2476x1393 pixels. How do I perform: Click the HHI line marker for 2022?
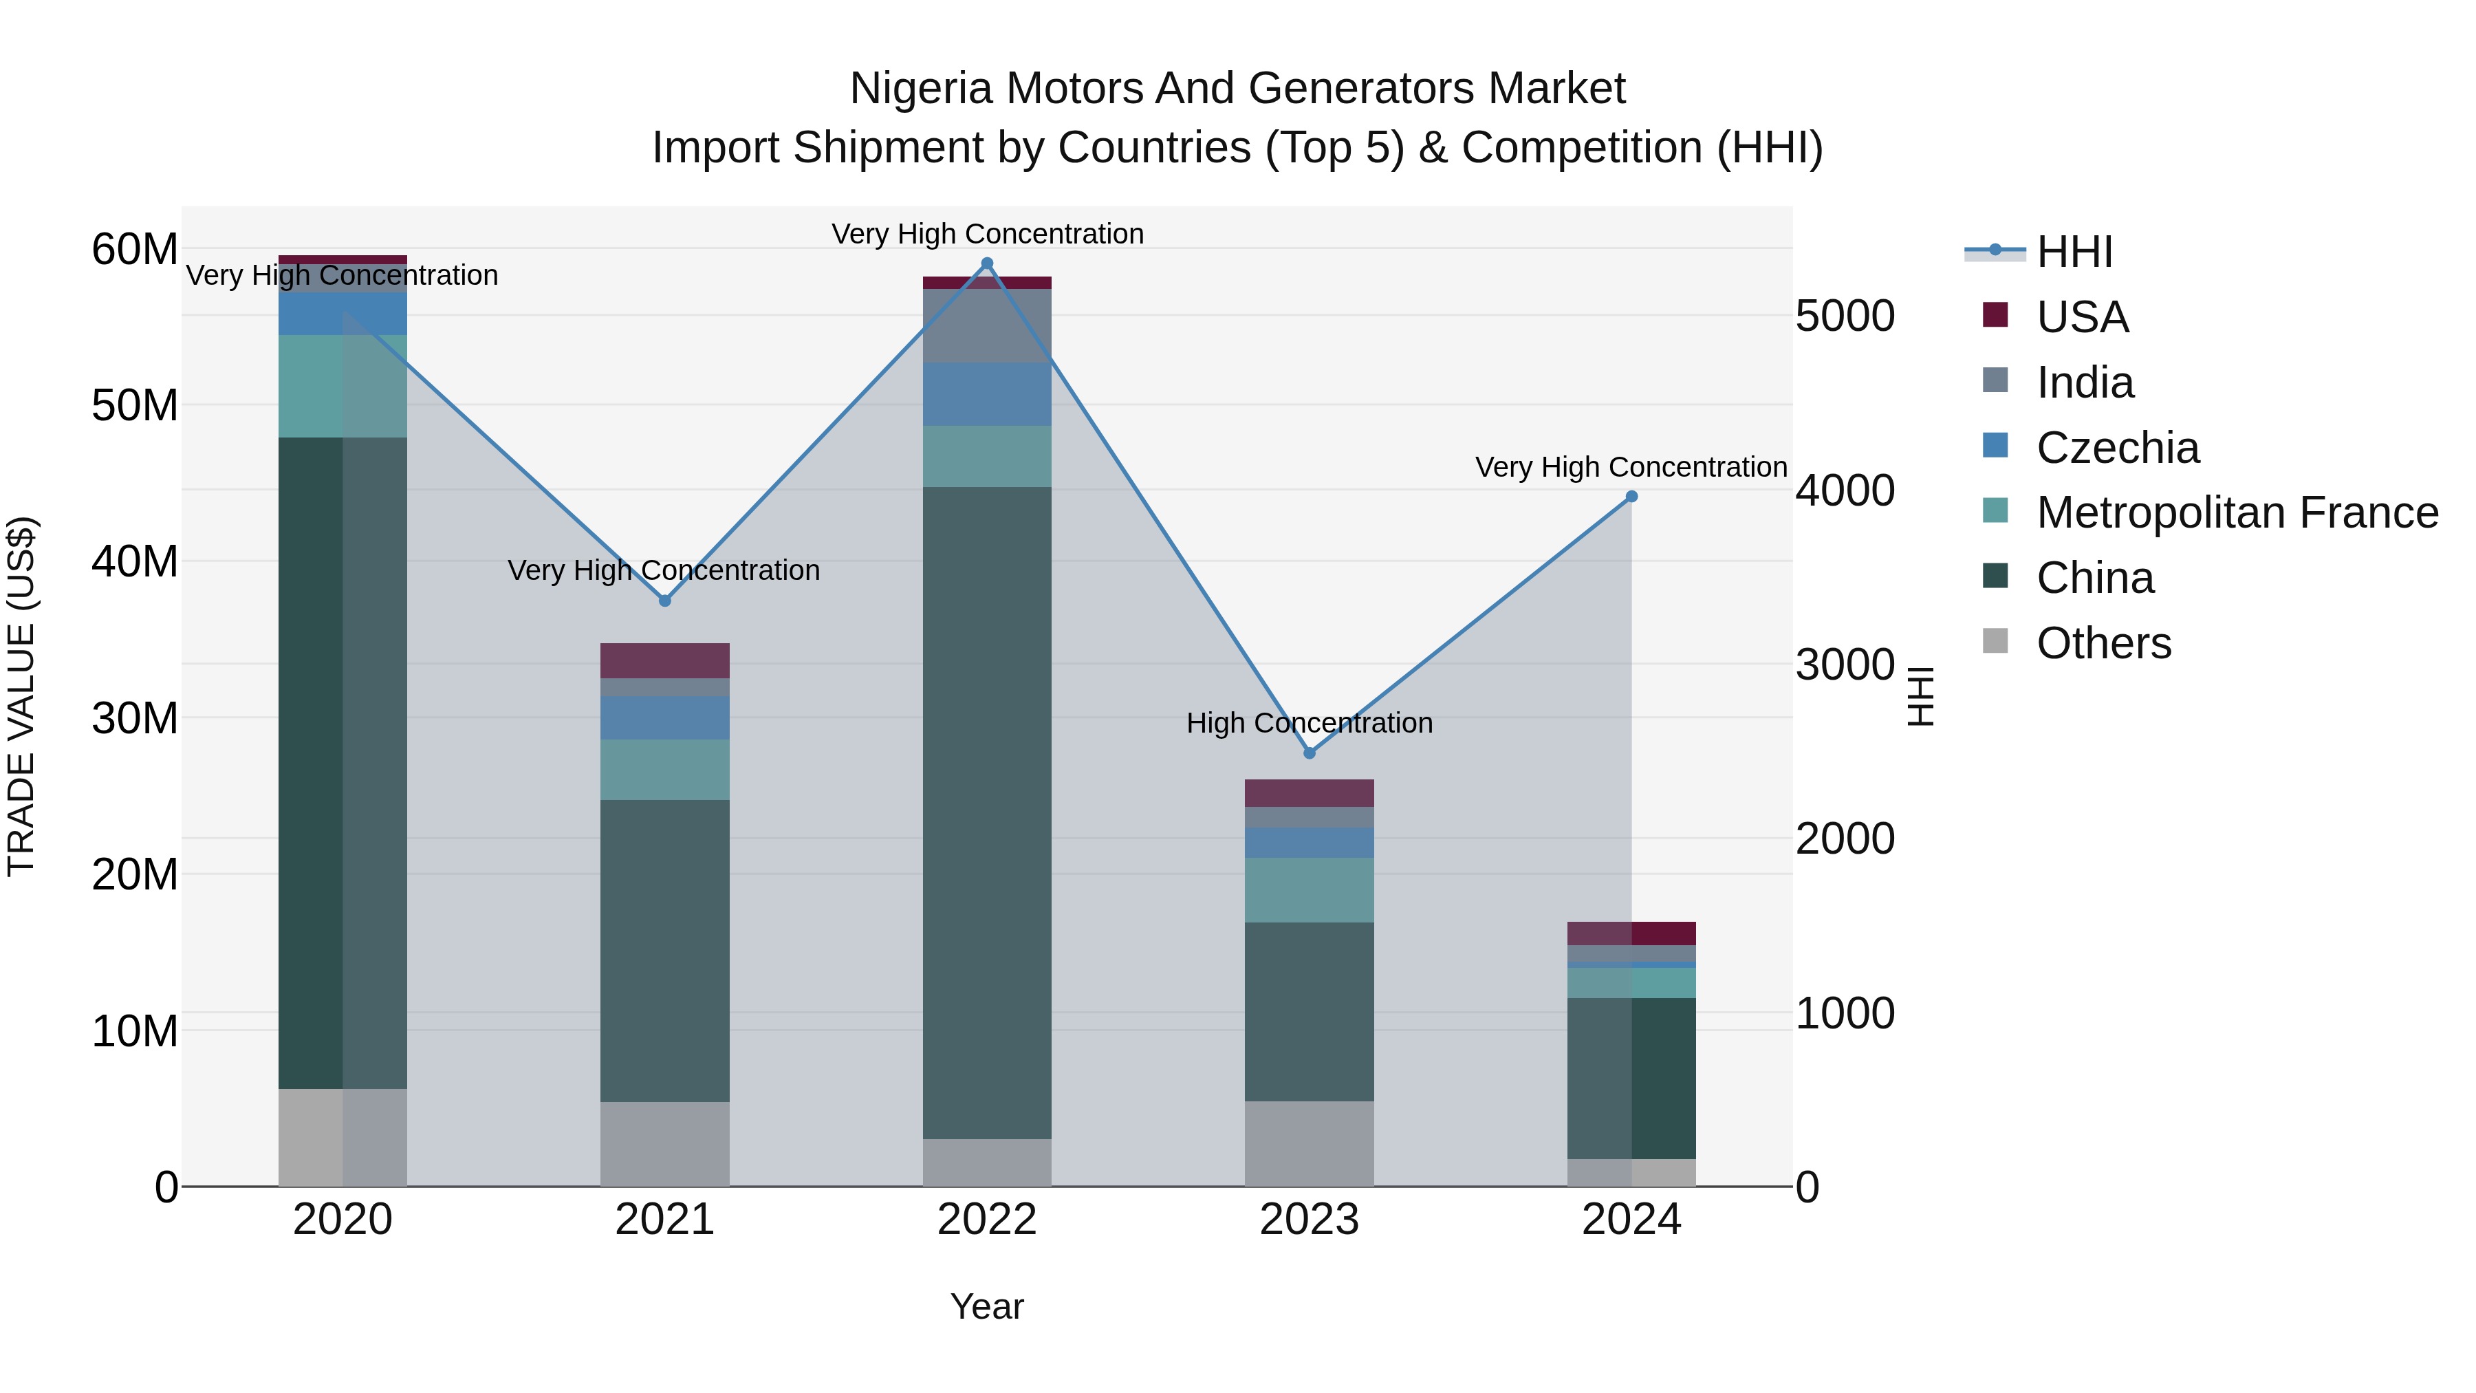click(986, 263)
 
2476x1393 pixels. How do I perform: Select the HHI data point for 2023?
click(1309, 753)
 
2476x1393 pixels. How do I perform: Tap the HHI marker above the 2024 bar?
click(1631, 497)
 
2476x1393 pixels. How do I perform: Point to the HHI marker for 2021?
click(664, 601)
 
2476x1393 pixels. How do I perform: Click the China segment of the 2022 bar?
click(986, 812)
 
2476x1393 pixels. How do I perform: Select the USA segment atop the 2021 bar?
click(664, 660)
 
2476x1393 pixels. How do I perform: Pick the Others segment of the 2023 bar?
click(1309, 1143)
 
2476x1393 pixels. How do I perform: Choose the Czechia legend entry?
click(2118, 447)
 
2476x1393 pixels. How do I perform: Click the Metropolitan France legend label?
click(2237, 512)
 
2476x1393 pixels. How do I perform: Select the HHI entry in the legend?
click(2074, 252)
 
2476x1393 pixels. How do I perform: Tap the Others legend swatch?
click(1995, 641)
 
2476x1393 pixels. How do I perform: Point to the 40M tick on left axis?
click(135, 561)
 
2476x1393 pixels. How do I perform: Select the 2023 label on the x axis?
click(1309, 1220)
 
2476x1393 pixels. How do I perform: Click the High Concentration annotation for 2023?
click(1309, 723)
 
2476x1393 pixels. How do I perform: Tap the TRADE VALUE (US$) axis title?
click(21, 696)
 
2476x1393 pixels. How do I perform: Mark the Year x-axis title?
click(986, 1306)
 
